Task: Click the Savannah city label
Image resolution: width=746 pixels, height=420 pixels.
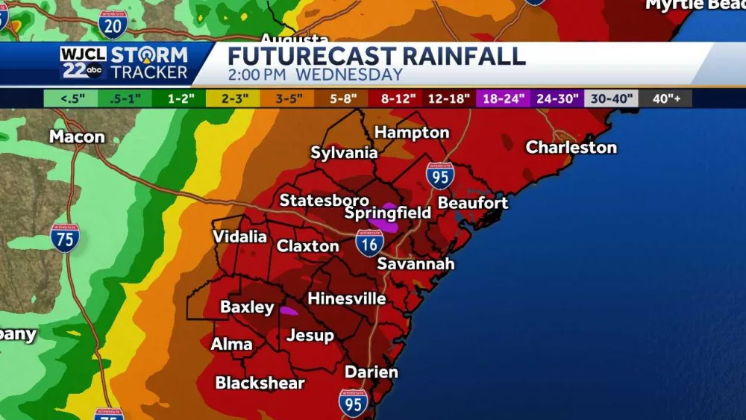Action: (416, 264)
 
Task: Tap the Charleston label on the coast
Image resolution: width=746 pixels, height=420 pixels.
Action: (571, 148)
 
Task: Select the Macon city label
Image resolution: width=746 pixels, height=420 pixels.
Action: (77, 137)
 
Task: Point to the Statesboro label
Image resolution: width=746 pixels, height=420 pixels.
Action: (324, 201)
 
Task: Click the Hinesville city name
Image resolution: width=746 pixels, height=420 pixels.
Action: (347, 299)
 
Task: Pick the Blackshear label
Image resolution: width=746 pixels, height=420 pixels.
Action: (260, 383)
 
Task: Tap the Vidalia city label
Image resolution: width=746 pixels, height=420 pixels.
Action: (239, 236)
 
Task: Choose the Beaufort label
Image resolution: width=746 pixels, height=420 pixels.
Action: (473, 203)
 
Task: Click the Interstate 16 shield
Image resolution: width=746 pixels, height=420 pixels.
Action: (369, 243)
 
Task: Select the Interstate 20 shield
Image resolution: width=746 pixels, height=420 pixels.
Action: (113, 24)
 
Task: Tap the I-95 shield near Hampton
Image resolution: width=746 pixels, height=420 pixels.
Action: (440, 175)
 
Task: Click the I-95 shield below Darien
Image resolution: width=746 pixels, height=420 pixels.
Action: (353, 403)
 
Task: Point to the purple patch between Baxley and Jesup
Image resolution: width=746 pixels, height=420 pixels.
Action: (288, 309)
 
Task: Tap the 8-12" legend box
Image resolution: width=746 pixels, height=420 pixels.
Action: (396, 98)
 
